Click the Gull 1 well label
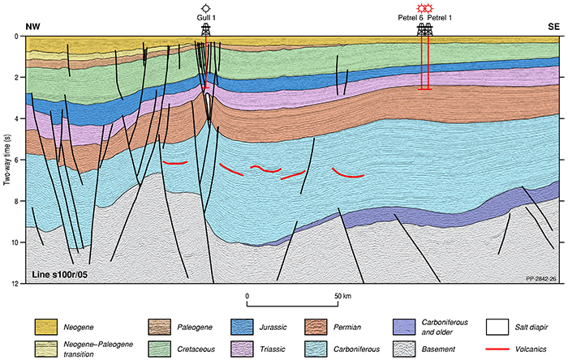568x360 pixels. (x=205, y=17)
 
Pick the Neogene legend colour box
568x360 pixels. (x=45, y=326)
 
